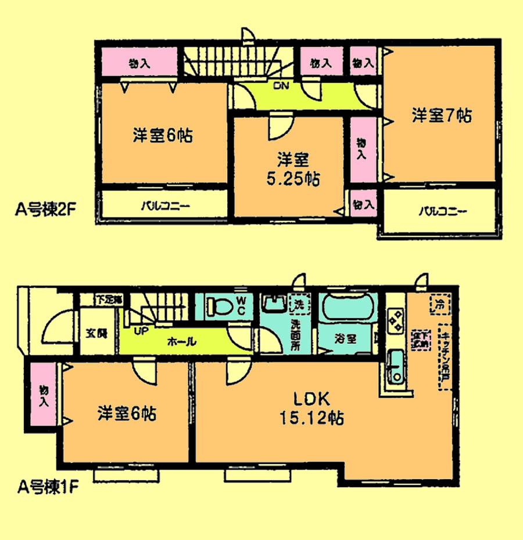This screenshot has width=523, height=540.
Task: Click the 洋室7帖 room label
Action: [x=442, y=116]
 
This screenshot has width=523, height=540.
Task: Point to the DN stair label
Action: [x=281, y=87]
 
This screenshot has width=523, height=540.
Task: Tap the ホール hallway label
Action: [x=181, y=342]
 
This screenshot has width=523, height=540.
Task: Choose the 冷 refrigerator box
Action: [x=439, y=304]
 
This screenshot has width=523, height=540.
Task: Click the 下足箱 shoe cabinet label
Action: [x=109, y=300]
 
